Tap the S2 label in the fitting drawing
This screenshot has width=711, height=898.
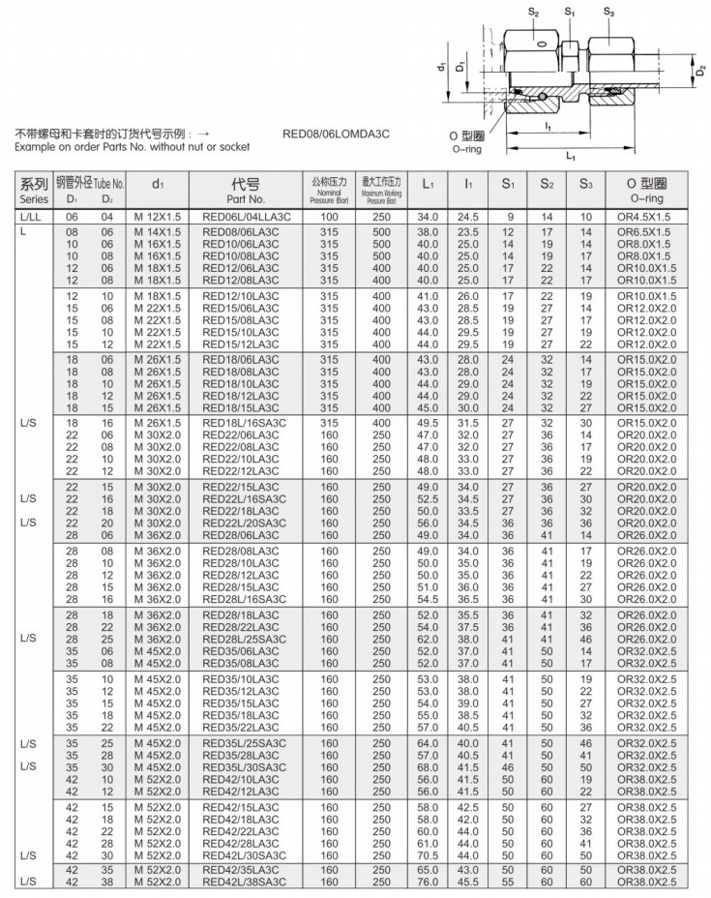pyautogui.click(x=534, y=12)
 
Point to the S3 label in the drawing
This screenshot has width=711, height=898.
pyautogui.click(x=607, y=12)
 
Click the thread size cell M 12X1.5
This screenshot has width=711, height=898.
pyautogui.click(x=158, y=217)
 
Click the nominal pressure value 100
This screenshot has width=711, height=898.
pyautogui.click(x=329, y=217)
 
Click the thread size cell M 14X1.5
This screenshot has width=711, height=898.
pyautogui.click(x=158, y=233)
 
